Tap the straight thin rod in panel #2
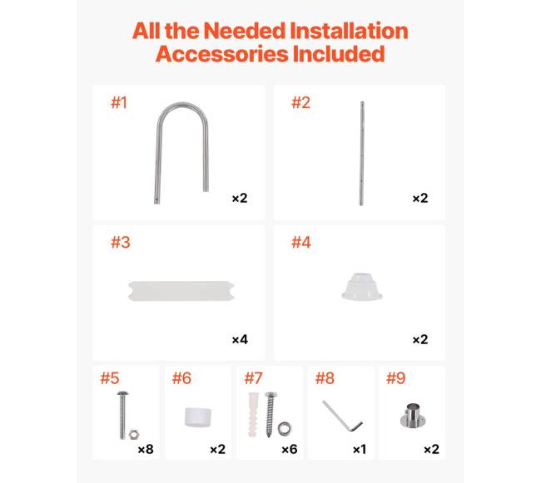(361, 153)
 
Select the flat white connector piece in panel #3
(181, 291)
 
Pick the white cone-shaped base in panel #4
(362, 287)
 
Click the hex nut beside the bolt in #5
(134, 435)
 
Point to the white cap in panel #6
(198, 417)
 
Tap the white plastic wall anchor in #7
(252, 415)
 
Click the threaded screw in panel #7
(270, 415)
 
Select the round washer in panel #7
(285, 428)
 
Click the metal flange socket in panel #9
(413, 416)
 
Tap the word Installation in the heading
(349, 31)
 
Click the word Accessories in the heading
(221, 54)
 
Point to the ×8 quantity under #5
(146, 449)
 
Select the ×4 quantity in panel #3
(240, 340)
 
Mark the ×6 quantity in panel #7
(290, 449)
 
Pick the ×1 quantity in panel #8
(360, 449)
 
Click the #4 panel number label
(300, 242)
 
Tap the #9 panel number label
(395, 378)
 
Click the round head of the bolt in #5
(123, 393)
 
